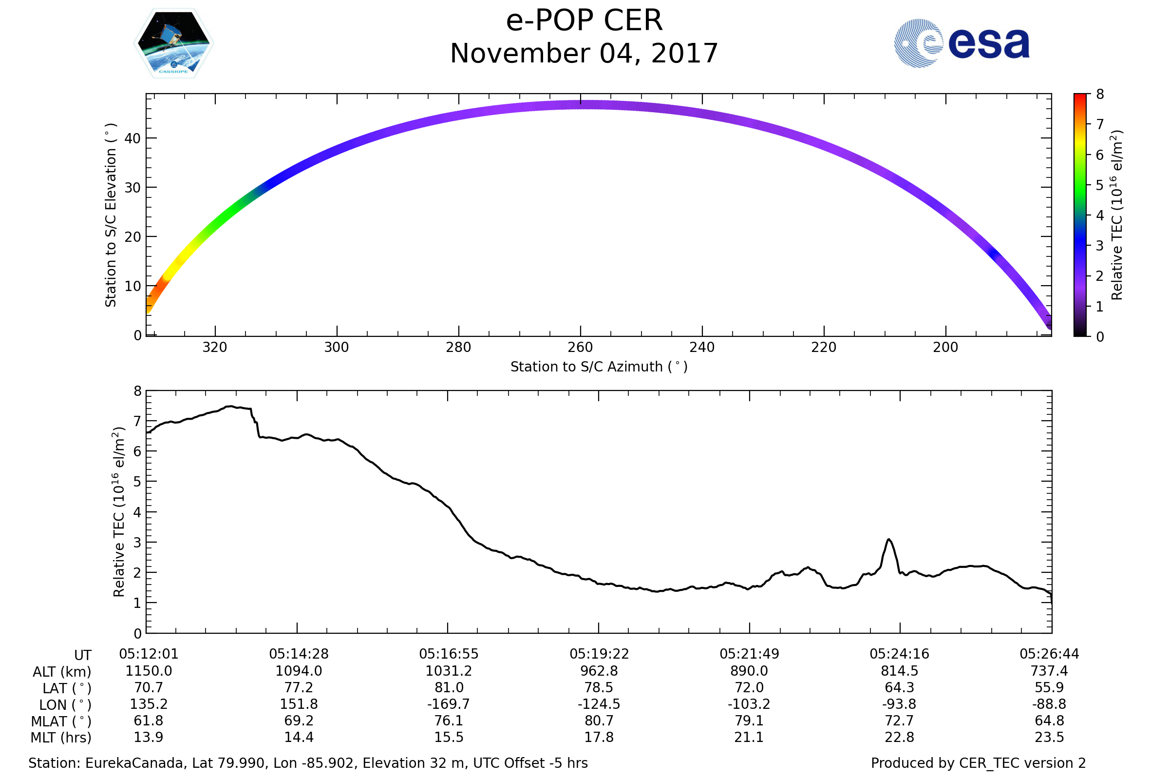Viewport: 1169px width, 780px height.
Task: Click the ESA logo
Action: click(962, 43)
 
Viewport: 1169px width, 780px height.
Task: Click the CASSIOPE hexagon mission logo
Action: click(174, 43)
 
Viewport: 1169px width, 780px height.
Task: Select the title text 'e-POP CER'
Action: click(584, 21)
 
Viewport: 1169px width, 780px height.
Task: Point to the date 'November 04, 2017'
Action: click(584, 54)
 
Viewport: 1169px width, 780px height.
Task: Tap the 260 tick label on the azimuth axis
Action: click(580, 347)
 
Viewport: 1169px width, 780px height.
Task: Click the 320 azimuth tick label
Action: click(215, 347)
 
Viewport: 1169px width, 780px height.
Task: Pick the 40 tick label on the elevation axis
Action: click(132, 138)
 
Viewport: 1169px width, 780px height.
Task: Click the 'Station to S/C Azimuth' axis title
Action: click(599, 367)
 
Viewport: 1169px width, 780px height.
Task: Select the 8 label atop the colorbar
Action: click(1100, 95)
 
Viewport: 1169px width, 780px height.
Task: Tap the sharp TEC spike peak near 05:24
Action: click(888, 540)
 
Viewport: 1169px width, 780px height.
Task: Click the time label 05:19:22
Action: click(599, 654)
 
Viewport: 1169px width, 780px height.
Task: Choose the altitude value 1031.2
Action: click(448, 671)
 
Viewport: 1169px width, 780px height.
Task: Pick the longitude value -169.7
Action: click(448, 704)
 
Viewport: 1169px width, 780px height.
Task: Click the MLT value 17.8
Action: click(599, 737)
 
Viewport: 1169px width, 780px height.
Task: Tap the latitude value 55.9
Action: click(1049, 687)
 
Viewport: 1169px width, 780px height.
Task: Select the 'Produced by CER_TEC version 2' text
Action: click(978, 763)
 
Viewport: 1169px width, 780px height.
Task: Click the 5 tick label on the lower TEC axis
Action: click(137, 482)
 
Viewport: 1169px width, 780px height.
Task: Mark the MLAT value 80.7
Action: click(599, 721)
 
